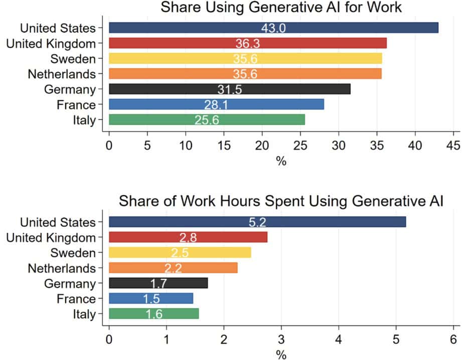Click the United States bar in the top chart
273,28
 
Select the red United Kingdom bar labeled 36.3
248,43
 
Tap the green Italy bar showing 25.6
207,120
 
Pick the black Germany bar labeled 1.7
159,283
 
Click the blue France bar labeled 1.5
151,299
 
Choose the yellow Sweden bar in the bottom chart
180,253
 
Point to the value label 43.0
273,28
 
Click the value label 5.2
257,222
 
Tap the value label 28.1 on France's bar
216,104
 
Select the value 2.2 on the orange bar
173,268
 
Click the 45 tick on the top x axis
453,146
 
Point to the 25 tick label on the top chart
300,146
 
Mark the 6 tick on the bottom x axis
453,339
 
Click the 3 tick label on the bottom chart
281,339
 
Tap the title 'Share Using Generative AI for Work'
281,7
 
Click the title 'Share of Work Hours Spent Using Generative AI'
281,201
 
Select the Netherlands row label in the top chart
62,74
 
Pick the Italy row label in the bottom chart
84,314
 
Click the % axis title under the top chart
281,161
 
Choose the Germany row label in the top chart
70,89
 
